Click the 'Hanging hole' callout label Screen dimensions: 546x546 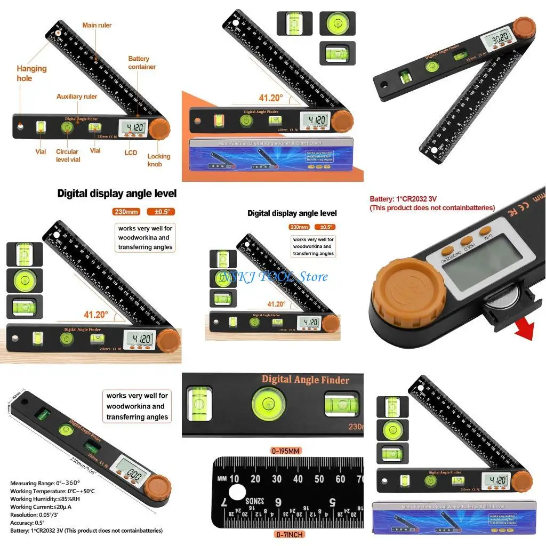click(31, 73)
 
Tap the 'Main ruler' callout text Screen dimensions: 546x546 click(97, 25)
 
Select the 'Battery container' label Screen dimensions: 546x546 click(142, 62)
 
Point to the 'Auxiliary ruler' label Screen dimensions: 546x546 click(77, 97)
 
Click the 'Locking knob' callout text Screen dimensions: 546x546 click(159, 160)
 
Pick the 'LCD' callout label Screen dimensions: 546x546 click(131, 152)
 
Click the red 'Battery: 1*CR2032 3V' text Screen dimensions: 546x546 click(403, 199)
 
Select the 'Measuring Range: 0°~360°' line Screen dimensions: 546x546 click(41, 483)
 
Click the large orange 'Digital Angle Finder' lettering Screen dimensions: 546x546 click(306, 380)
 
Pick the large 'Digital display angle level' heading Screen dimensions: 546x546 click(117, 193)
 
